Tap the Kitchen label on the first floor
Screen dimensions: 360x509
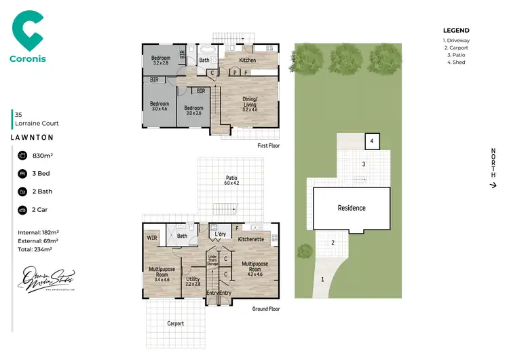[248, 60]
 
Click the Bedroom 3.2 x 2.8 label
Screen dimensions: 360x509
[160, 61]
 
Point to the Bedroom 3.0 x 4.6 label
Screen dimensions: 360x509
[159, 107]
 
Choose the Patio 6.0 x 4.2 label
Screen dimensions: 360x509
[232, 181]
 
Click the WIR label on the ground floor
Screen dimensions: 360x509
[152, 238]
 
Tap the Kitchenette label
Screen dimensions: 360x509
[250, 240]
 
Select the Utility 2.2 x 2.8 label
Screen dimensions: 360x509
[193, 281]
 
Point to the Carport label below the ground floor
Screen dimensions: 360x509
[176, 323]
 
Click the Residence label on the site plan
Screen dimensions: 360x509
[352, 208]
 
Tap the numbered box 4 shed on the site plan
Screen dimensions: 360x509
[372, 141]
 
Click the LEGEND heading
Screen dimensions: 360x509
[456, 31]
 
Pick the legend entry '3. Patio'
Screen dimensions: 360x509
[455, 56]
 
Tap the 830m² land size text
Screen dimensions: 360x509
[43, 156]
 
